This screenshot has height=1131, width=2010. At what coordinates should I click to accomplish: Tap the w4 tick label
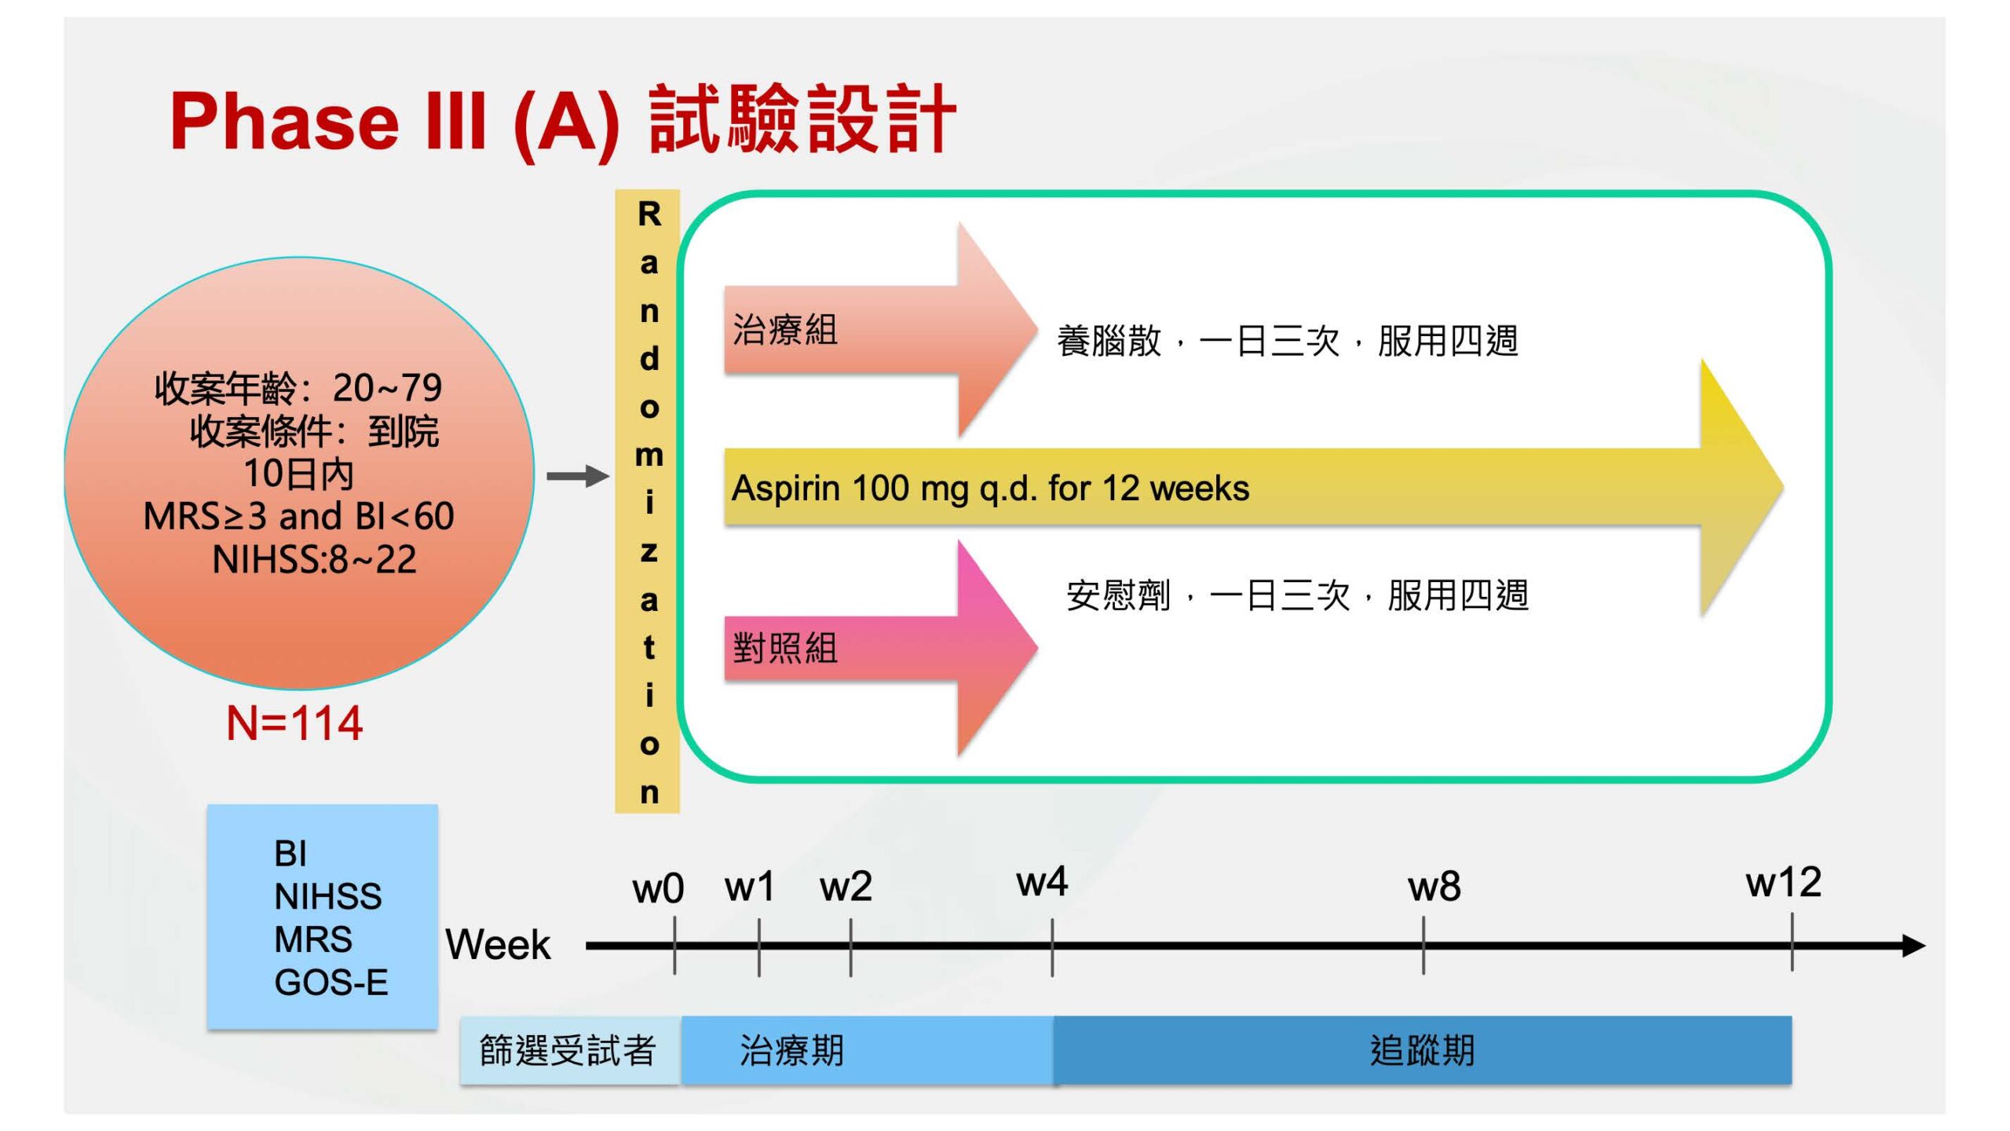click(x=1042, y=883)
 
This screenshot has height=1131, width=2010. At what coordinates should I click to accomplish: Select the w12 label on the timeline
click(x=1783, y=883)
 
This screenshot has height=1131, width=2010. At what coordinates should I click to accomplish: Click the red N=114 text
click(x=294, y=723)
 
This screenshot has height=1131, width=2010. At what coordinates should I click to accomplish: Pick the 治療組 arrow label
click(x=785, y=330)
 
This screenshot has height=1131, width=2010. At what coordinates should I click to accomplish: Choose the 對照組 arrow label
click(x=785, y=649)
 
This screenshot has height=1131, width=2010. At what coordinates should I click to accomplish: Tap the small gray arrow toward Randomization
click(x=578, y=476)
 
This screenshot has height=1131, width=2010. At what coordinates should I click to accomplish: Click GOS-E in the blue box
click(x=331, y=983)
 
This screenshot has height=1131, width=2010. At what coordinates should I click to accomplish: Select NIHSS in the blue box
click(x=328, y=897)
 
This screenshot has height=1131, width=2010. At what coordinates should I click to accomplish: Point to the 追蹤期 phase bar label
click(x=1422, y=1051)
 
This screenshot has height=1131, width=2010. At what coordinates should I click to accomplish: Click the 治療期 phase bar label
click(x=791, y=1051)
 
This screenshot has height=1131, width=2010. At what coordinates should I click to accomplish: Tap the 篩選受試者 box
click(x=568, y=1051)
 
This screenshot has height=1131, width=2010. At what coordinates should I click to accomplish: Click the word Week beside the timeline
click(x=498, y=945)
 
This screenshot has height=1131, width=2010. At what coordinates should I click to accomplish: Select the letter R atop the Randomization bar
click(x=649, y=214)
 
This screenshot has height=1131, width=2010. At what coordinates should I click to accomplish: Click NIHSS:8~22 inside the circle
click(x=314, y=560)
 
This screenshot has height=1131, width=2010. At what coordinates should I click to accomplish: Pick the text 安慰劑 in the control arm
click(x=1118, y=596)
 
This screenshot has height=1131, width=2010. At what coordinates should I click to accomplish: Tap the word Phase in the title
click(x=285, y=122)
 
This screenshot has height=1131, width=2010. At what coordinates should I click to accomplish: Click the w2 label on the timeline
click(x=846, y=888)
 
